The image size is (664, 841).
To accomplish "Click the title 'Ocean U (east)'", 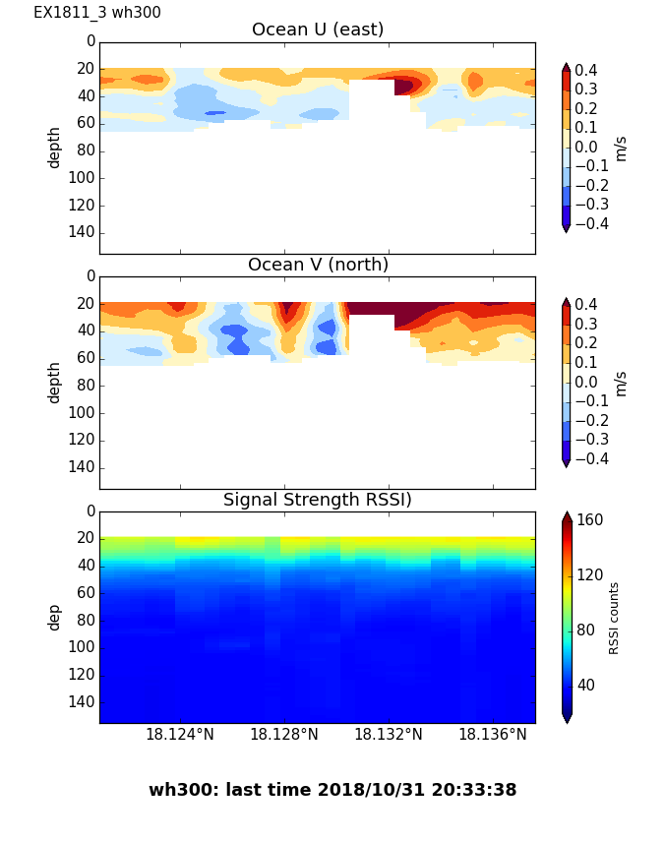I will point(317,30).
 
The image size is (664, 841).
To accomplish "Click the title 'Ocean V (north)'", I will point(317,265).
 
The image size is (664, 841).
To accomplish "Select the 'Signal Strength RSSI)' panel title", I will point(317,500).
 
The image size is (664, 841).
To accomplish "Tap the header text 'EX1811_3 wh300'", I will point(97,13).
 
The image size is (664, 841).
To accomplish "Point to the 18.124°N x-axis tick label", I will point(180,734).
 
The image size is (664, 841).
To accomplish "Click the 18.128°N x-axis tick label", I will point(284,734).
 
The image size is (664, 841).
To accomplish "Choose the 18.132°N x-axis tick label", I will point(389,734).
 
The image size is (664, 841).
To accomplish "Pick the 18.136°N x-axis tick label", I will point(493,734).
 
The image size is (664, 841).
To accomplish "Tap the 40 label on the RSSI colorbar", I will point(586,685).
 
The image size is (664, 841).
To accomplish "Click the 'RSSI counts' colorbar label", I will point(615,618).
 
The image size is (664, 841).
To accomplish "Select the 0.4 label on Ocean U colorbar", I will point(591,70).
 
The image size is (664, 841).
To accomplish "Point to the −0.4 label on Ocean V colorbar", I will point(591,458).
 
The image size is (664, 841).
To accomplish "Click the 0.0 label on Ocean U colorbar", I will point(591,147).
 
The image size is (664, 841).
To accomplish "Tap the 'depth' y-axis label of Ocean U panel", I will point(55,147).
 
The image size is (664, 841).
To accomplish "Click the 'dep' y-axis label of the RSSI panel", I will point(55,617).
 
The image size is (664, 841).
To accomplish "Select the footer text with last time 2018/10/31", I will point(332,790).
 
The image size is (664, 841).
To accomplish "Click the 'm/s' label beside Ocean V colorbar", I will point(621,383).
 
